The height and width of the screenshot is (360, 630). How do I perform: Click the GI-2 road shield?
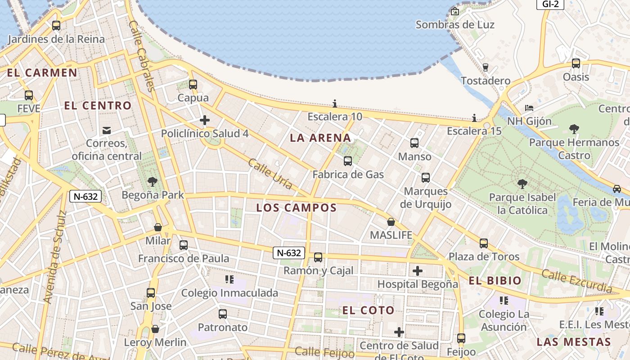550,4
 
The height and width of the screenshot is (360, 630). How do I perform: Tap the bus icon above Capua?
193,84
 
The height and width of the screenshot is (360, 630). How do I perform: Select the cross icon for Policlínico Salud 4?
205,120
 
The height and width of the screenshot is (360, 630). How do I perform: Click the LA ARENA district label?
320,138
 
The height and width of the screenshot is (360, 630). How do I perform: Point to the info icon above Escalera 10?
334,103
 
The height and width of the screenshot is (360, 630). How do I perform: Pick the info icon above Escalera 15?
474,118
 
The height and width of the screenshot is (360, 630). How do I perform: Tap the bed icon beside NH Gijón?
529,108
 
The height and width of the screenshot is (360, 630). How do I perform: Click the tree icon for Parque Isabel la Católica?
522,184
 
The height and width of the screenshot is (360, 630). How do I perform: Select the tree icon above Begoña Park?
153,182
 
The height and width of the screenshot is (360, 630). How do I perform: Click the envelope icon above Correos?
107,130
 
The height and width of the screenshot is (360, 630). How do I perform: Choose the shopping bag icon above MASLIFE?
391,222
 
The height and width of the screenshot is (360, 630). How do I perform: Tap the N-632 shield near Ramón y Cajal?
289,253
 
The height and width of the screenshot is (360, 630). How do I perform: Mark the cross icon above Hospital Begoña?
418,271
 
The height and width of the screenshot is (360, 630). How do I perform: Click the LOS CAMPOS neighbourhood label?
296,207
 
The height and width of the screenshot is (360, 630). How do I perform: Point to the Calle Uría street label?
270,174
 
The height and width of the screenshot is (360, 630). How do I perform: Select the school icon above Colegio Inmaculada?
229,279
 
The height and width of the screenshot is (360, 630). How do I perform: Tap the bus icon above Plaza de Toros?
484,243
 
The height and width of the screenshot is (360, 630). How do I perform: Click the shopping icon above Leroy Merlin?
155,329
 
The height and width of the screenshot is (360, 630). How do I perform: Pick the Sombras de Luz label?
455,25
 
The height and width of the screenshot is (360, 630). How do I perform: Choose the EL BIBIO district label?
495,281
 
